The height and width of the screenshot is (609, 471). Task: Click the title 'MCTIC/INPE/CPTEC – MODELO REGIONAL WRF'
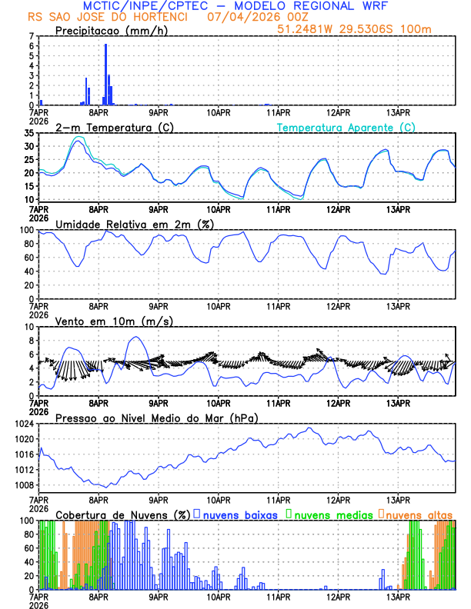coord(235,6)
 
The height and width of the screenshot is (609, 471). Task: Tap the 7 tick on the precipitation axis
coord(32,35)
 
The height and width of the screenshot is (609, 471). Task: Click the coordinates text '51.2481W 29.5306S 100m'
coord(366,28)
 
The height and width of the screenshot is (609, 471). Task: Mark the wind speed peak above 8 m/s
coord(136,337)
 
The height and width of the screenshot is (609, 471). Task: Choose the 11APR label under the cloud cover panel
coord(279,597)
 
